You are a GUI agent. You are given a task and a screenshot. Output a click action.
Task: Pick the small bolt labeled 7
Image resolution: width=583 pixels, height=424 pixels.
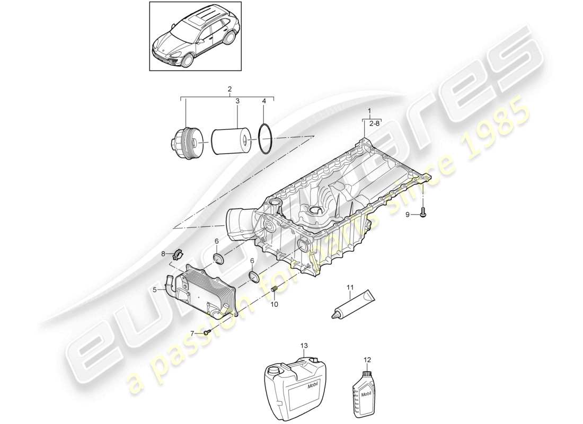coord(207,332)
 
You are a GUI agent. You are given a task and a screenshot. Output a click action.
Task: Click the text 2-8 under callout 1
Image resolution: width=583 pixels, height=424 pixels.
coord(374,123)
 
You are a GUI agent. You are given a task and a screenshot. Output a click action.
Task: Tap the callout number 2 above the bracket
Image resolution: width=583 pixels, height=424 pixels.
coord(229,90)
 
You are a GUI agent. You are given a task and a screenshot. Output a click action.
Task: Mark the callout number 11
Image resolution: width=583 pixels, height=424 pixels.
coord(349,288)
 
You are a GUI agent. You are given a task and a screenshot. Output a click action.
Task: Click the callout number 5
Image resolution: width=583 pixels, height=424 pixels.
coord(155,290)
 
